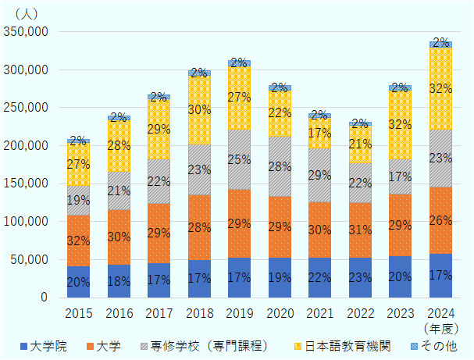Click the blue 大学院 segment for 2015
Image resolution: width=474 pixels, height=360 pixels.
pyautogui.click(x=78, y=282)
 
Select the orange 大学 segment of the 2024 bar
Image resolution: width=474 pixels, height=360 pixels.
pyautogui.click(x=440, y=221)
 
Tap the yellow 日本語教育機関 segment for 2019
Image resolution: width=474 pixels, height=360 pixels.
pyautogui.click(x=239, y=98)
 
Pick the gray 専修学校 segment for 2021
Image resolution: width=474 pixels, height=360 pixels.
pyautogui.click(x=319, y=175)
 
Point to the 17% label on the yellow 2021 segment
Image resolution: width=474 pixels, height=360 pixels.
pyautogui.click(x=319, y=133)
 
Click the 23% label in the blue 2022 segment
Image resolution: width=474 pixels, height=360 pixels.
pyautogui.click(x=360, y=276)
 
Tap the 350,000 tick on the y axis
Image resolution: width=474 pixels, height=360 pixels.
pyautogui.click(x=27, y=32)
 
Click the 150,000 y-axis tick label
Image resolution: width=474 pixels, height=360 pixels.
pyautogui.click(x=27, y=184)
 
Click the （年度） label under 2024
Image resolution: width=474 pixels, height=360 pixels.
pyautogui.click(x=442, y=329)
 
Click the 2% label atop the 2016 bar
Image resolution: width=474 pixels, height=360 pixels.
pyautogui.click(x=119, y=117)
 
